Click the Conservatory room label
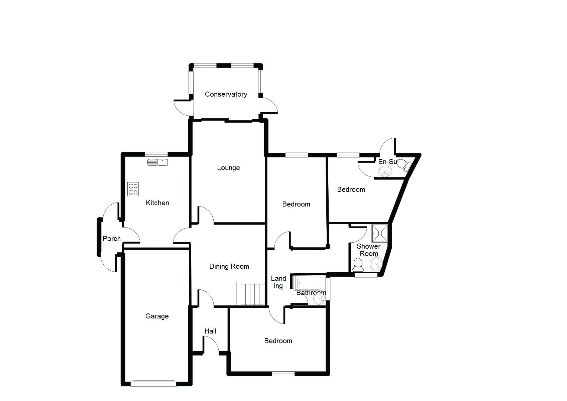pyautogui.click(x=226, y=94)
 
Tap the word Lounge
pyautogui.click(x=228, y=168)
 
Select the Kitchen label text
pyautogui.click(x=157, y=203)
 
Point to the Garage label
pyautogui.click(x=157, y=316)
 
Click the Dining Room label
pyautogui.click(x=229, y=266)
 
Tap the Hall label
pyautogui.click(x=210, y=331)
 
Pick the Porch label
pyautogui.click(x=112, y=239)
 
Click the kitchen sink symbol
pyautogui.click(x=157, y=162)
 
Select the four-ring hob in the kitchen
pyautogui.click(x=133, y=189)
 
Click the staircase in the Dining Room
pyautogui.click(x=250, y=294)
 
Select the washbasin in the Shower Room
pyautogui.click(x=376, y=264)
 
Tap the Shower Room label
pyautogui.click(x=368, y=250)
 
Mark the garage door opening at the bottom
pyautogui.click(x=153, y=384)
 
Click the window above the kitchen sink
pyautogui.click(x=156, y=154)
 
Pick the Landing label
pyautogui.click(x=278, y=282)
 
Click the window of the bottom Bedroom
pyautogui.click(x=283, y=374)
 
